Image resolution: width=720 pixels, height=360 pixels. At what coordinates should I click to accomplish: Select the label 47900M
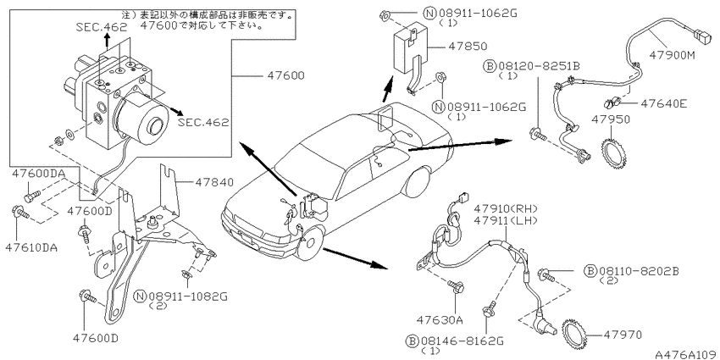click(x=673, y=55)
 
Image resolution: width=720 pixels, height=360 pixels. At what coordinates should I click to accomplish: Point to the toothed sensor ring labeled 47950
click(x=615, y=152)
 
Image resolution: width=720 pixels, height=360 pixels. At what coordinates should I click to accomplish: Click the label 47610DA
click(x=31, y=247)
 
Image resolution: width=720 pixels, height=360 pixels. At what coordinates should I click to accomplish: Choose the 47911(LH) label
click(x=505, y=220)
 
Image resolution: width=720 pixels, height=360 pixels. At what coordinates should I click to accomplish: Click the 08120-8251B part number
click(x=538, y=67)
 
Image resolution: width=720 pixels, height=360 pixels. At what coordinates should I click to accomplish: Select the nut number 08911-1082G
click(x=188, y=296)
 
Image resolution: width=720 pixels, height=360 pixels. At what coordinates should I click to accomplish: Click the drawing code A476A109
click(x=686, y=355)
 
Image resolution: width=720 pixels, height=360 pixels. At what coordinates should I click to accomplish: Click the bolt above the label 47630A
click(x=457, y=286)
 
